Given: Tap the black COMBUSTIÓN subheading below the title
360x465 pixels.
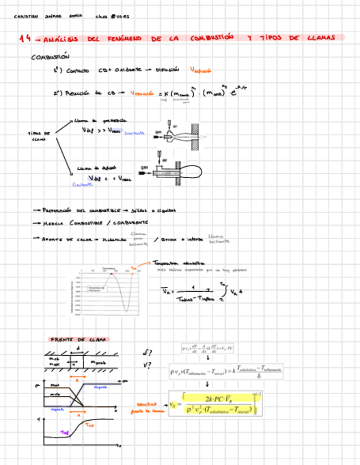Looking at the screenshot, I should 50,56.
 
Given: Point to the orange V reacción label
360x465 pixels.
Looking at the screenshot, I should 143,94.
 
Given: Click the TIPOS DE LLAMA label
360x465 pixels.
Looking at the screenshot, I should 38,135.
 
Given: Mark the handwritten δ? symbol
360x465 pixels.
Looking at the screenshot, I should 147,352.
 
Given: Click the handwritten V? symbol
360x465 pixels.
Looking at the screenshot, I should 147,366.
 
